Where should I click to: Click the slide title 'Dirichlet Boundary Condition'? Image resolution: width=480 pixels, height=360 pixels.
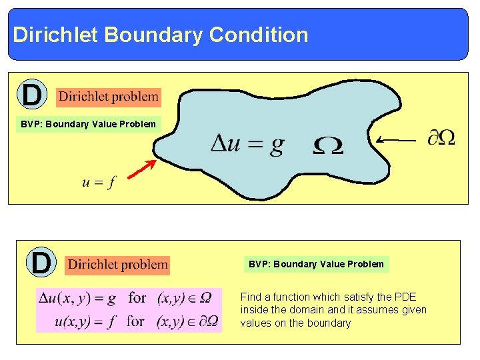coord(161,35)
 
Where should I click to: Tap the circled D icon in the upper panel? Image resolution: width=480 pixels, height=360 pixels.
coord(31,95)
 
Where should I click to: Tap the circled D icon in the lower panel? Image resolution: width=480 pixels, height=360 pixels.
coord(41,262)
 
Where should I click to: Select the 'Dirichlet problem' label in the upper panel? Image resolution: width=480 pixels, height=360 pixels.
coord(108,97)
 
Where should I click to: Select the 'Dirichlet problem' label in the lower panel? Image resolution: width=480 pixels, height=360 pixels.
coord(118,265)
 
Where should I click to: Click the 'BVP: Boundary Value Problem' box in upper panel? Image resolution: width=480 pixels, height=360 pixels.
coord(88,124)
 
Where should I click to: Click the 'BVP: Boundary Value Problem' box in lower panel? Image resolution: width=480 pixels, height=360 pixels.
coord(316,264)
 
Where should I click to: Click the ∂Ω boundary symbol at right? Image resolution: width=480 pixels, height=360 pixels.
coord(441,138)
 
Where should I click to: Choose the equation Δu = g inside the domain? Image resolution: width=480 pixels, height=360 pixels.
coord(247,145)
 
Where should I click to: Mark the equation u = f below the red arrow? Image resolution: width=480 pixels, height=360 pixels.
coord(97,183)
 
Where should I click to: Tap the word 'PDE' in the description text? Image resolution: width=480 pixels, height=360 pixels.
coord(404,297)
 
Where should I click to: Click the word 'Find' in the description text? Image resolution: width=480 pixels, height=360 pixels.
coord(251,297)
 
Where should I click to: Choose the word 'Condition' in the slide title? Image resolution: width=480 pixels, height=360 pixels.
coord(258,35)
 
